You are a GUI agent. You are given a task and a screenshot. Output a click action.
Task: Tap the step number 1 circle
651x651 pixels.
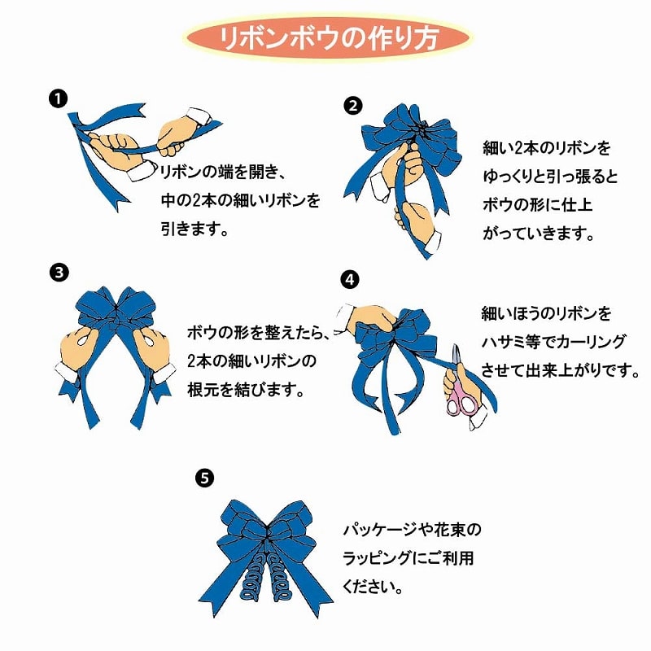coord(57,100)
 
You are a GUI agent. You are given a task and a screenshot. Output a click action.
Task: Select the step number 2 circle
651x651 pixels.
coord(352,105)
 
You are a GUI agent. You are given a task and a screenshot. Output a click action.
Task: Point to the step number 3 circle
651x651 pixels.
coord(57,272)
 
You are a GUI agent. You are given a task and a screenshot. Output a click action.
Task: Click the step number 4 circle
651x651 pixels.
coord(349,279)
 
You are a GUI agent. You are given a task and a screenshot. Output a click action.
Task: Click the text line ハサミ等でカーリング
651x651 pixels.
coord(553,342)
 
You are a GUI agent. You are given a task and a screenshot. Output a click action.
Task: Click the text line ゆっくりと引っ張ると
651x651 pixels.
coord(550,177)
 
